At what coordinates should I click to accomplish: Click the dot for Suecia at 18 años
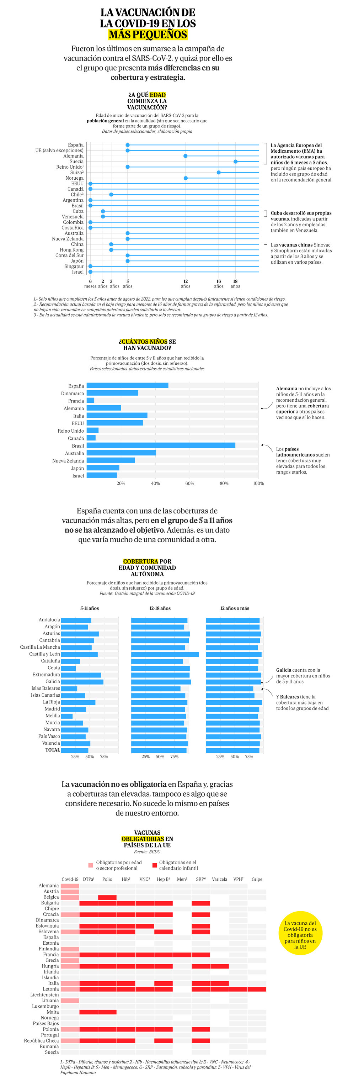(235, 162)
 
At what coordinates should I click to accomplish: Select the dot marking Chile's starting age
(111, 195)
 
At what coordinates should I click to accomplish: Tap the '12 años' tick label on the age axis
(186, 284)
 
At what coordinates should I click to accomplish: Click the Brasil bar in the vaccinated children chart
(161, 445)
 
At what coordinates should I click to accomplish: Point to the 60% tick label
(190, 484)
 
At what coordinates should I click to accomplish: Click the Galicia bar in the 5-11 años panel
(82, 681)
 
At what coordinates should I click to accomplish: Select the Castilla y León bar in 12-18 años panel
(165, 654)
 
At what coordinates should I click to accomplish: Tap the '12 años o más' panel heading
(235, 608)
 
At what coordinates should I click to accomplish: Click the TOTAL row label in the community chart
(53, 750)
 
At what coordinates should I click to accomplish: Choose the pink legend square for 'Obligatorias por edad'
(90, 865)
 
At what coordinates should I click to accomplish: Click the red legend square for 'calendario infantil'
(155, 865)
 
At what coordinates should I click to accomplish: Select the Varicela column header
(219, 880)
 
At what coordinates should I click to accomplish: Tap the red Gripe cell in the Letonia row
(257, 989)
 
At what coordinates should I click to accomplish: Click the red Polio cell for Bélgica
(107, 897)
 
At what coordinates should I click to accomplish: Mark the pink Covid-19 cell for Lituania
(70, 1001)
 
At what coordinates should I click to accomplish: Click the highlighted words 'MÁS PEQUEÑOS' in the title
(148, 35)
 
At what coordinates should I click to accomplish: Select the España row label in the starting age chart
(76, 145)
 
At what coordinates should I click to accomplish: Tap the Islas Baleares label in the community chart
(45, 688)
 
